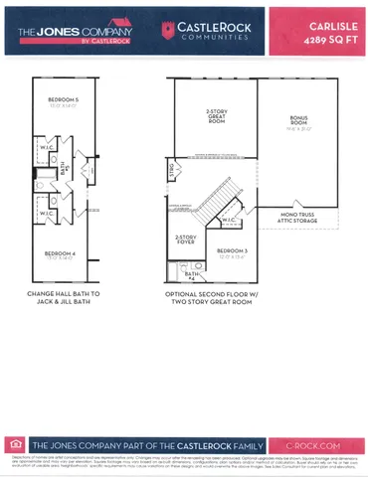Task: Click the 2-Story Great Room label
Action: point(216,114)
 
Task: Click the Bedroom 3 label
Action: point(232,251)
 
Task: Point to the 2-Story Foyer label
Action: point(186,239)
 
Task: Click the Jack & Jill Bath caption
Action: point(61,299)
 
